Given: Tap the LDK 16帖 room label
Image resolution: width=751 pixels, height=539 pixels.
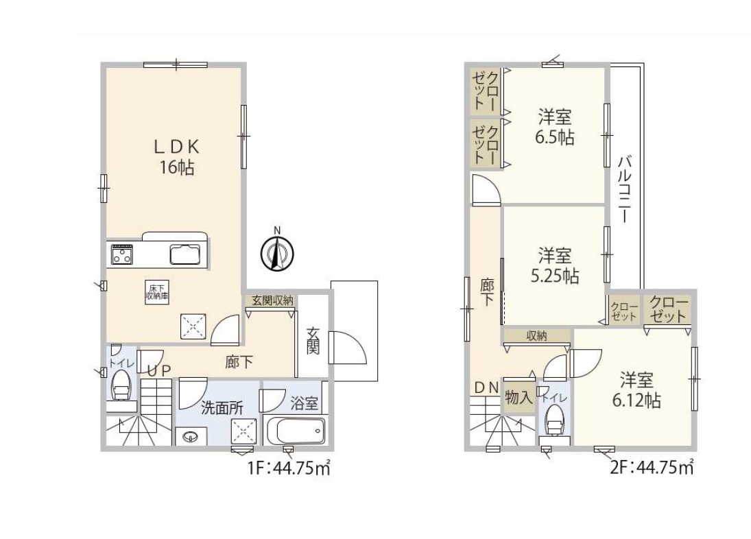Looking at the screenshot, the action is [177, 157].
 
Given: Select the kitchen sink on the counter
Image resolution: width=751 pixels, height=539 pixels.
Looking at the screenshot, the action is [185, 254].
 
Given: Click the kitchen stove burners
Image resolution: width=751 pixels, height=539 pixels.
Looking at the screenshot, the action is [122, 254].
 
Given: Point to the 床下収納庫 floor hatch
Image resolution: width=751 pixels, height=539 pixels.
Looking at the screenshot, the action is [157, 292].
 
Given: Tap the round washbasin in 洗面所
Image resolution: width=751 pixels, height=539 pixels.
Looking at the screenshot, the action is [191, 437].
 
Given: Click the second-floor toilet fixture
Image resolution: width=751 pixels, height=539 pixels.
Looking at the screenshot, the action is [555, 422].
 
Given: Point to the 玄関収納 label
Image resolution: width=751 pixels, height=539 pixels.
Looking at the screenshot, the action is [272, 300].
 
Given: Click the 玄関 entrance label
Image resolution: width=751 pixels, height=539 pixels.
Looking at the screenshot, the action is [313, 341].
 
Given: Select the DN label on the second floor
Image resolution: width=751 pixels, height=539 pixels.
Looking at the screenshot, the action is [487, 387].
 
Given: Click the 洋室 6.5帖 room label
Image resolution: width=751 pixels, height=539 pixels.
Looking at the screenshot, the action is [555, 128].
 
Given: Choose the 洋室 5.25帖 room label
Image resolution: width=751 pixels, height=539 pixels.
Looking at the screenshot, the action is [555, 265].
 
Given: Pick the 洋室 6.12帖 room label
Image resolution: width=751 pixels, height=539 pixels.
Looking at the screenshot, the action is [636, 390].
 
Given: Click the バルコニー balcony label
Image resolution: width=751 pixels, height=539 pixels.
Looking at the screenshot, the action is [623, 189].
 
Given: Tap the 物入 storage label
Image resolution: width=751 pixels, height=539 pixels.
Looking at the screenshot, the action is [518, 397].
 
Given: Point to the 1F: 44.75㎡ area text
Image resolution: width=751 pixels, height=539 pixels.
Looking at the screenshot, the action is [289, 467].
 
